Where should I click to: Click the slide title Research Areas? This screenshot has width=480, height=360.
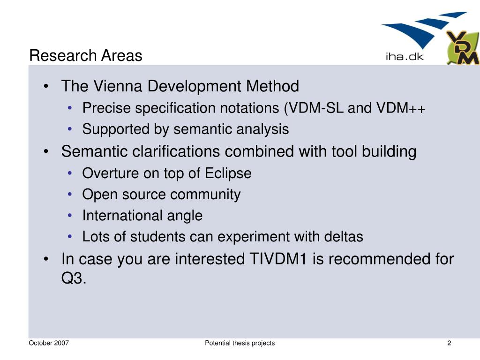[x=86, y=56]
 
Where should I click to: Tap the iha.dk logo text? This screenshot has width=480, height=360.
[x=405, y=57]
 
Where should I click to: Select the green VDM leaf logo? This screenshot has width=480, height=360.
[x=462, y=47]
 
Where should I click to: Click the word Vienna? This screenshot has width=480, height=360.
[x=118, y=86]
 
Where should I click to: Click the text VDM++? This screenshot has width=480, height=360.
[x=401, y=108]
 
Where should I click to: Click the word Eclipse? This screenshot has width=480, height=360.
[x=228, y=174]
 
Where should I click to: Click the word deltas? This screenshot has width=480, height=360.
[x=344, y=237]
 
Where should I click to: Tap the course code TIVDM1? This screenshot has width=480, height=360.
[x=278, y=259]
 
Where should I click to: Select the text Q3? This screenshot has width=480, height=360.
[x=74, y=278]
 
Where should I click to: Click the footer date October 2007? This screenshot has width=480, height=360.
[x=49, y=343]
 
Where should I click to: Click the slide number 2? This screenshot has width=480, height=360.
[x=449, y=343]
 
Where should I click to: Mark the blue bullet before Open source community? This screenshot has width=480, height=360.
[x=70, y=194]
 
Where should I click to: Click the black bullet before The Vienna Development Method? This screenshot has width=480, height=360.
[x=46, y=86]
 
